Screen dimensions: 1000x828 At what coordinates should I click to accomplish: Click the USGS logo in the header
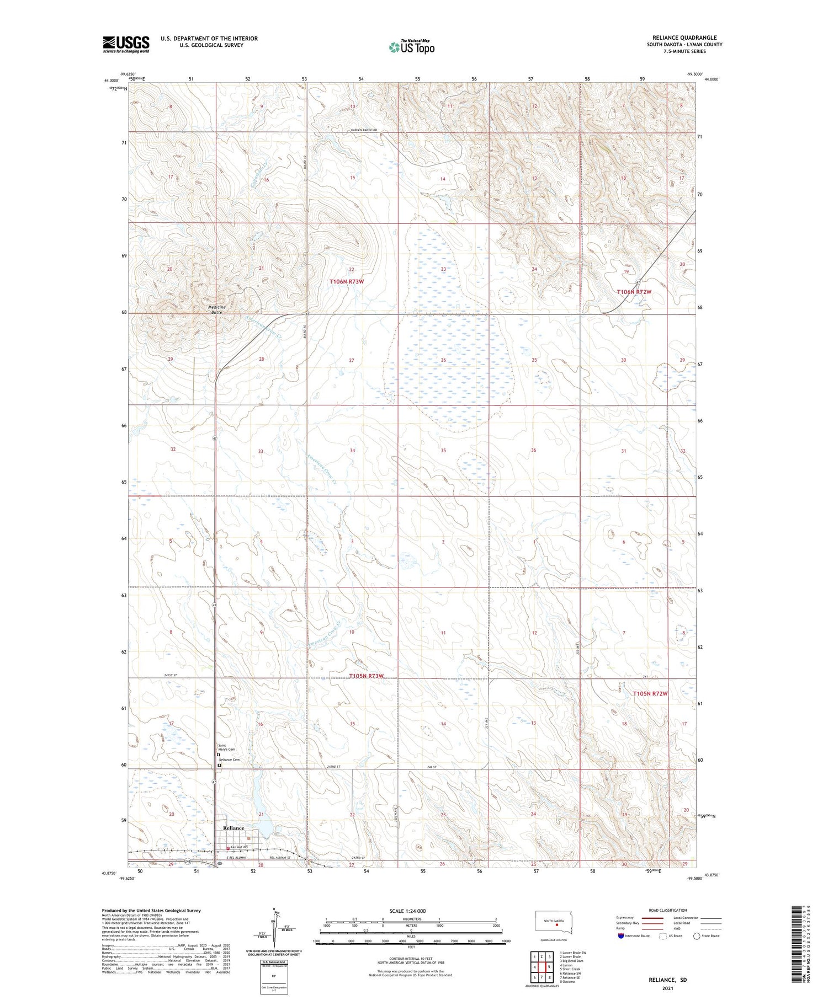(126, 44)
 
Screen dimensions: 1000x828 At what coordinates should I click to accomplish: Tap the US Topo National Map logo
(412, 47)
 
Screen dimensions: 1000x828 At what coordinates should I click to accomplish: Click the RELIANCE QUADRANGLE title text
(684, 38)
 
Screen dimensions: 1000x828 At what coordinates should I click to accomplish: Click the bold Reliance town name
(233, 828)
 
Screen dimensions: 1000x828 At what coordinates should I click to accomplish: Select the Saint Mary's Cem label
(226, 747)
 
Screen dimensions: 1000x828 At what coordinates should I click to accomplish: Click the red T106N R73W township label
(347, 281)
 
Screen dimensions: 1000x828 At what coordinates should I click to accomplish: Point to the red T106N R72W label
(634, 292)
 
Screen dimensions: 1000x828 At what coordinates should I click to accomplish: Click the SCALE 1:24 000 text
(407, 911)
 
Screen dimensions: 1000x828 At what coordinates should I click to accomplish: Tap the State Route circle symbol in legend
(697, 936)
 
